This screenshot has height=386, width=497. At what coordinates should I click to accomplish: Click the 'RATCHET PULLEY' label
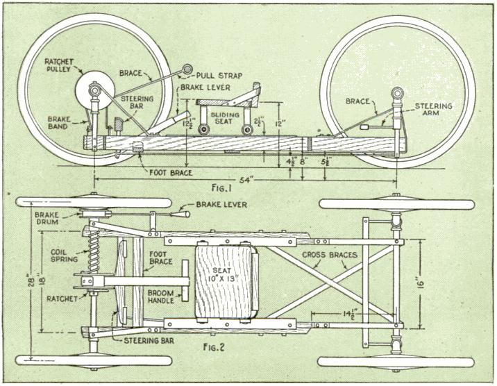(58, 65)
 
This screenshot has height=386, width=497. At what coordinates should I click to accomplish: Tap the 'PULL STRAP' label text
(219, 76)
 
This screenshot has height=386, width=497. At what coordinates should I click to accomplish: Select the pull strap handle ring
(187, 68)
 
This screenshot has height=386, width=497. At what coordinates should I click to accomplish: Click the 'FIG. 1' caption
(221, 188)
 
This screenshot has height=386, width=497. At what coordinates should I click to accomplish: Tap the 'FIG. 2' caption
(214, 348)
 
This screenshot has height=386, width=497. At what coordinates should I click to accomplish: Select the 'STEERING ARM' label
(433, 109)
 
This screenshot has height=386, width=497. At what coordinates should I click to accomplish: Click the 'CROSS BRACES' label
(330, 255)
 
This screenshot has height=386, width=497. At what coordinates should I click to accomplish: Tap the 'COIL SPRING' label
(64, 255)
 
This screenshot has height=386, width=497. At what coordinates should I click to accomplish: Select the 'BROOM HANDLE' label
(161, 296)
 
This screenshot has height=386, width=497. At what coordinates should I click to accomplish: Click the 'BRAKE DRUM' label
(47, 218)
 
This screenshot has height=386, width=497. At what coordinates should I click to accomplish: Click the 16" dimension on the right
(420, 284)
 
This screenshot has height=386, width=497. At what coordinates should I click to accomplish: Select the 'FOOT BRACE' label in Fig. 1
(171, 173)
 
